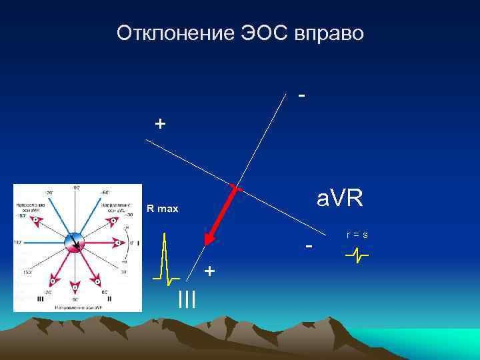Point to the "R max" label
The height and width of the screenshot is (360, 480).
tap(163, 209)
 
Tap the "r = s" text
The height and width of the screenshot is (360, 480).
tap(357, 235)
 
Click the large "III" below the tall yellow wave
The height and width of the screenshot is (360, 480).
tap(187, 300)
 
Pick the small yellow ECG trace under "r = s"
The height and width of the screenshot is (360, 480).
tap(357, 255)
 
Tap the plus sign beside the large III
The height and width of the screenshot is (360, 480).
tap(210, 271)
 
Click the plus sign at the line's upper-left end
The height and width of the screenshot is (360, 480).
tap(159, 123)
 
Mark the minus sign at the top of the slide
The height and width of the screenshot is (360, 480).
tap(303, 95)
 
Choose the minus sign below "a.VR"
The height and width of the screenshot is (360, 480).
tap(309, 246)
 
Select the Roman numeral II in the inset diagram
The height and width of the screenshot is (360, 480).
tap(109, 299)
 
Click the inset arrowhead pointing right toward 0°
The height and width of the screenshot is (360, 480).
tap(118, 243)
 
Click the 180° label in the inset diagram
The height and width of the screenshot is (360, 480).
tap(17, 243)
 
